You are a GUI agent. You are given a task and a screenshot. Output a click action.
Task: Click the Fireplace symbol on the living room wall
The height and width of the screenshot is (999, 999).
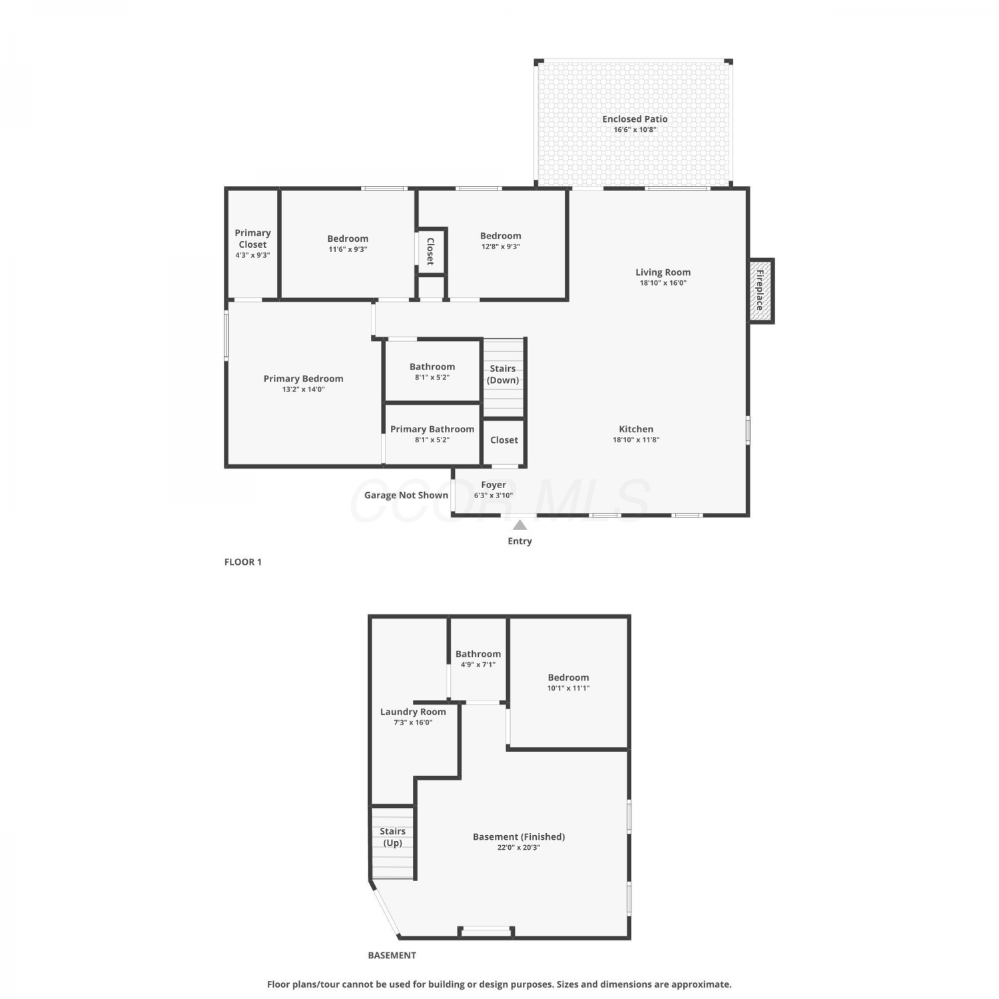tap(761, 290)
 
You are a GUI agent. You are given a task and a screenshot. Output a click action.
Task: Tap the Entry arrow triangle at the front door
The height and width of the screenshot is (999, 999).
tap(520, 525)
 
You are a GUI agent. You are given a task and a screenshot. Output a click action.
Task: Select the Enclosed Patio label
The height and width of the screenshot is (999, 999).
tap(635, 119)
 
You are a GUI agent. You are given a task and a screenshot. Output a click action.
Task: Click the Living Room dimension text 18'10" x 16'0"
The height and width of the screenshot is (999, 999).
tap(663, 283)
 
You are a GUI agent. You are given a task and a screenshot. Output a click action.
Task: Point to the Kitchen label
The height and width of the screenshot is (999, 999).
tap(636, 429)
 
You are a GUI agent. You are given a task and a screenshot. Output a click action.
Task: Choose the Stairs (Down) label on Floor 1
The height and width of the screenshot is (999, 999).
tap(503, 374)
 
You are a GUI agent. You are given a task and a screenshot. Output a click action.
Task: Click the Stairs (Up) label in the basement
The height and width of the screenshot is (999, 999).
tap(392, 837)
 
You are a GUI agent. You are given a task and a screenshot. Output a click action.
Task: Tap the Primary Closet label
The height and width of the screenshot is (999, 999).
tap(252, 238)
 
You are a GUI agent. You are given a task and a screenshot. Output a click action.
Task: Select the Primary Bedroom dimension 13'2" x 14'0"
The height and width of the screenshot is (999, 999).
tap(304, 390)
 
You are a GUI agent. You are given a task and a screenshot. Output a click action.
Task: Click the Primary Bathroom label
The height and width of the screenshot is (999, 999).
tap(432, 429)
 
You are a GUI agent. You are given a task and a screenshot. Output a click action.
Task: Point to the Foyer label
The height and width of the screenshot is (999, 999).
tap(494, 485)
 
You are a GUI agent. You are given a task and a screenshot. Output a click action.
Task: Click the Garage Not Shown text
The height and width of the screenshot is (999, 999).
tap(406, 495)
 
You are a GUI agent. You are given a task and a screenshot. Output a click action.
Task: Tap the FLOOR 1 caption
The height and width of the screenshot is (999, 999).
tap(243, 562)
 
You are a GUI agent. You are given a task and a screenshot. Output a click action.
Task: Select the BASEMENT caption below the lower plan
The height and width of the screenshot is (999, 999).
tap(392, 955)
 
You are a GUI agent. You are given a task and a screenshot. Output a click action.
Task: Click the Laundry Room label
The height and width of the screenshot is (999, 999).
tap(413, 712)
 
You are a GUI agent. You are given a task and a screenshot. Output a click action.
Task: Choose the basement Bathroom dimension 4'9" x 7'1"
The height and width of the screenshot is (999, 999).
tap(478, 665)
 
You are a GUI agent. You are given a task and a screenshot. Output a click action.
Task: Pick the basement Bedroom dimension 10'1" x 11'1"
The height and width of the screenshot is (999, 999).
tap(569, 688)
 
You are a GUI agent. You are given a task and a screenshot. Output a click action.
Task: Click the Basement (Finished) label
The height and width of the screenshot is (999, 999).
tap(519, 836)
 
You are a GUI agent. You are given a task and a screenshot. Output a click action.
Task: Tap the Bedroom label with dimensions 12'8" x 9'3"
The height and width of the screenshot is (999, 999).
tap(501, 236)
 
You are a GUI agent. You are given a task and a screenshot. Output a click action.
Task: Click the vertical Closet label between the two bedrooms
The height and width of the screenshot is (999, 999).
tap(430, 251)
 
